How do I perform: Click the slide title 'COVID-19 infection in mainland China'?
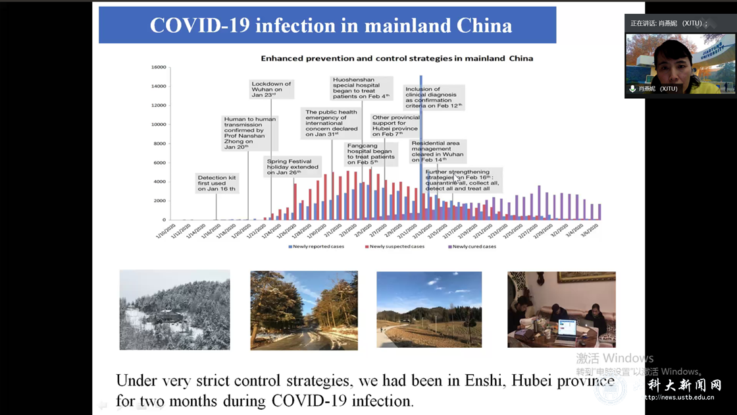(x=330, y=25)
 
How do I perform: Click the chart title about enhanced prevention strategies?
(x=397, y=58)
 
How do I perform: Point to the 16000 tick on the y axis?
(x=159, y=67)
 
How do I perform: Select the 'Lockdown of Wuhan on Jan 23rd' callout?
(x=271, y=89)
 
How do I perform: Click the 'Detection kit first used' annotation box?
(x=218, y=183)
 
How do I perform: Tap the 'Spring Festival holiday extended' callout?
(x=293, y=167)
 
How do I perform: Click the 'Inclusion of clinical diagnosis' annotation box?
(x=434, y=97)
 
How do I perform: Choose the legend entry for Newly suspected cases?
(x=395, y=246)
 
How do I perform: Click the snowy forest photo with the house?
(x=174, y=310)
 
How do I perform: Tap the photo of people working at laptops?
(x=561, y=310)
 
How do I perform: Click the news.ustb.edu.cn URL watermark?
(x=684, y=397)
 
